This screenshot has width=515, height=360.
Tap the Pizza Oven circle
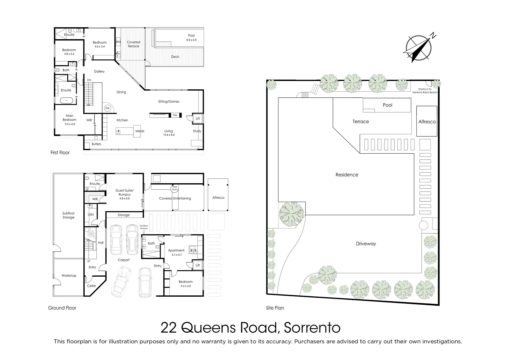[x=175, y=188]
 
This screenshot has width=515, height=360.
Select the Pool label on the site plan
[x=387, y=105]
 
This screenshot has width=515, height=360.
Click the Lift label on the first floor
[x=198, y=119]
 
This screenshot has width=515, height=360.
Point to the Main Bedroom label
[x=70, y=120]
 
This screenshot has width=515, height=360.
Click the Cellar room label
[x=92, y=286]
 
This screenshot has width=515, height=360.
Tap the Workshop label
[x=69, y=276]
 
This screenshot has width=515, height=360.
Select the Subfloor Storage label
[x=69, y=215]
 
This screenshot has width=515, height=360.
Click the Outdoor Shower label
[x=144, y=227]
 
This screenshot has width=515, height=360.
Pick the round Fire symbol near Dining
[x=107, y=108]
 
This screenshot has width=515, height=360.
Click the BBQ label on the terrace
[x=118, y=42]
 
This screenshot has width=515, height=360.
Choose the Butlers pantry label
[x=96, y=144]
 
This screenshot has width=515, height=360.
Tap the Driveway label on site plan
[x=366, y=244]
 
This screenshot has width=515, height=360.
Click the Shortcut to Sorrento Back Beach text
[x=425, y=91]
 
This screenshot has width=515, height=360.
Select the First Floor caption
[x=60, y=153]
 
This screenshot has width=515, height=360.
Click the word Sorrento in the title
[x=312, y=328]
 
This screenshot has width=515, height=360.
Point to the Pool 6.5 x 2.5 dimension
[x=191, y=40]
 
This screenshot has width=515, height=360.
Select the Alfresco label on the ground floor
[x=218, y=198]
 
